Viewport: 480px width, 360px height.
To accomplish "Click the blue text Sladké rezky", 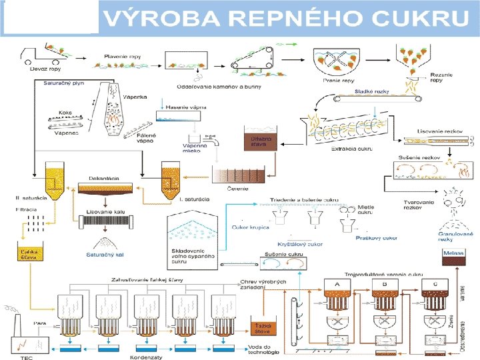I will coord(371,91).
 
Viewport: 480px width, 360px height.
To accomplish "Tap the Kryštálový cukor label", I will coord(305,244).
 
